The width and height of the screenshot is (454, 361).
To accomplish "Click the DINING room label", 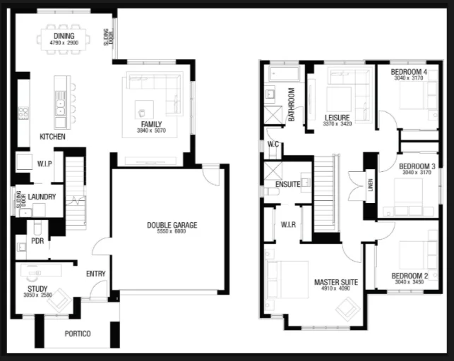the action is pyautogui.click(x=64, y=36).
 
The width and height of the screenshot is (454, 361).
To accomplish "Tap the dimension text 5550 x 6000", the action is pyautogui.click(x=172, y=231).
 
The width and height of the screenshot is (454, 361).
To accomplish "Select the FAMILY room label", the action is pyautogui.click(x=151, y=124).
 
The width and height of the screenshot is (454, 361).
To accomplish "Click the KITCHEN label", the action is pyautogui.click(x=52, y=136).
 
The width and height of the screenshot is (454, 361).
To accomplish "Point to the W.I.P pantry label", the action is pyautogui.click(x=44, y=164).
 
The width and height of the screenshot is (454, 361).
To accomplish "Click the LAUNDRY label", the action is pyautogui.click(x=42, y=197).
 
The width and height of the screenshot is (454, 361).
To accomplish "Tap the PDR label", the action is pyautogui.click(x=37, y=240).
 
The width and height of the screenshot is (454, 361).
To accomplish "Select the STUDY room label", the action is pyautogui.click(x=37, y=289).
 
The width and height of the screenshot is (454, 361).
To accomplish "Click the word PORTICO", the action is pyautogui.click(x=78, y=334).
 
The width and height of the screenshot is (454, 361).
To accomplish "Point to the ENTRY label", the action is pyautogui.click(x=96, y=274).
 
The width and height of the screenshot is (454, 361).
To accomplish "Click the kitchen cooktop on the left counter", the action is pyautogui.click(x=23, y=113).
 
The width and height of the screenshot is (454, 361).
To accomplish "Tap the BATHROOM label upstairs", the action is pyautogui.click(x=292, y=104).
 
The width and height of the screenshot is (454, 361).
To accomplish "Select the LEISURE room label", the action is pyautogui.click(x=337, y=118).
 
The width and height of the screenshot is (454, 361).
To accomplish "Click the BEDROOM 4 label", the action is pyautogui.click(x=409, y=72).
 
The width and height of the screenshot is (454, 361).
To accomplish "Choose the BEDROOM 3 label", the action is pyautogui.click(x=417, y=166).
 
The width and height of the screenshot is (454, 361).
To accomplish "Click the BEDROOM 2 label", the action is pyautogui.click(x=410, y=276).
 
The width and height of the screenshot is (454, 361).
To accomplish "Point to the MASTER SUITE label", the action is pyautogui.click(x=336, y=282).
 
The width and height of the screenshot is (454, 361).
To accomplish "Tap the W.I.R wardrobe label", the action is pyautogui.click(x=288, y=224).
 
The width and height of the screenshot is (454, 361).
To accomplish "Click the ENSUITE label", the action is pyautogui.click(x=288, y=184).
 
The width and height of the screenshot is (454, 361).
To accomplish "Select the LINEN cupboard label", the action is pyautogui.click(x=370, y=185).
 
